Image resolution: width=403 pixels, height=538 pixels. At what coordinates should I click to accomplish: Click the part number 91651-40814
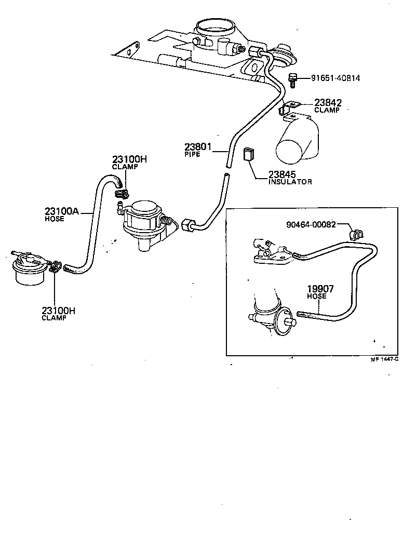coord(335,78)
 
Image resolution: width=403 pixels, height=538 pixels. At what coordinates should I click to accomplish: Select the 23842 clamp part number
coord(328,103)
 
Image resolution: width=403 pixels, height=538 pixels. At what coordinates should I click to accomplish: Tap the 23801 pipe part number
coord(198,146)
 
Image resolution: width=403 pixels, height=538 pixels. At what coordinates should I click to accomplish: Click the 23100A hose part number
coord(61,211)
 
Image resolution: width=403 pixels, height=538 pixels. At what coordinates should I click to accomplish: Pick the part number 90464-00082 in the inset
coord(311,224)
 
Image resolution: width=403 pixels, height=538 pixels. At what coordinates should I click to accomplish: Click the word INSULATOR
coord(290,182)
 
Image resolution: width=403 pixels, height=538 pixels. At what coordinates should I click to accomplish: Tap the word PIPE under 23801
coord(192,154)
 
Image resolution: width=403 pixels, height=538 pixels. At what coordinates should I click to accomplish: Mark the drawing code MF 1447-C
coord(384,359)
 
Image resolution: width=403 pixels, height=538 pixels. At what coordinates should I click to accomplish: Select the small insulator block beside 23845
coord(249,154)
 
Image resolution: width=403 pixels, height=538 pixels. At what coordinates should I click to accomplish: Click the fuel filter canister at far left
coord(29,269)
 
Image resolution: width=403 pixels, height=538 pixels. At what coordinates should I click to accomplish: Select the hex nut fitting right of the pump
coord(187,225)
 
